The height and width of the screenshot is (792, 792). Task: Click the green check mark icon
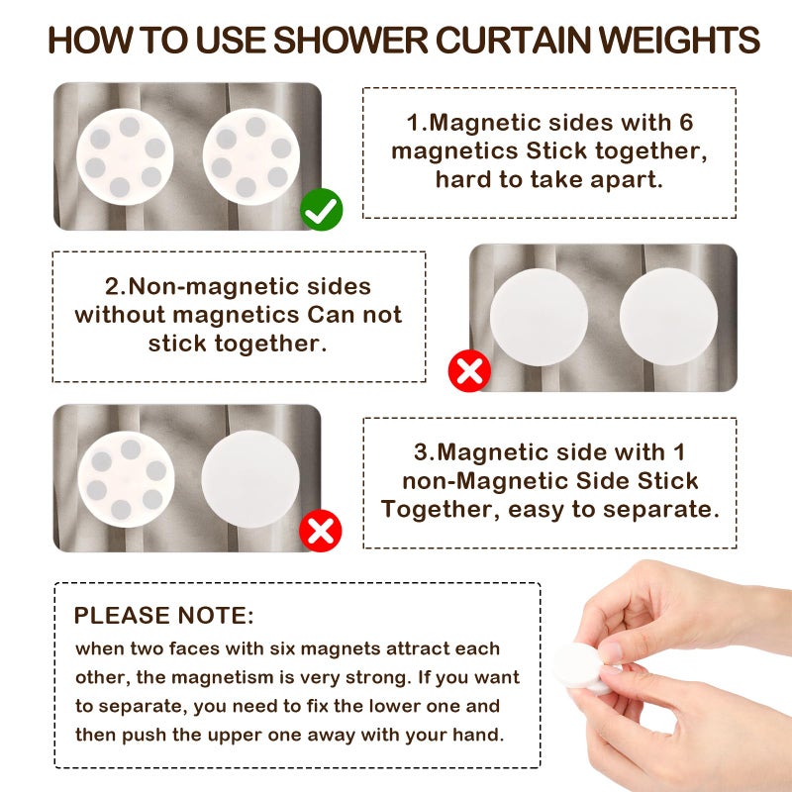tap(322, 210)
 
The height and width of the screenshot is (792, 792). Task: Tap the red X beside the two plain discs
tap(469, 371)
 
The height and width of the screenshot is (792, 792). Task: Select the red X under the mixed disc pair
tap(321, 532)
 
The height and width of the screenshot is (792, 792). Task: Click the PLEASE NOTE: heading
tap(164, 615)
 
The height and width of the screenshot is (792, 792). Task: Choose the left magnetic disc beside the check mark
tap(125, 156)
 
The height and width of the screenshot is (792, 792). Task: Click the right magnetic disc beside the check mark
tap(251, 156)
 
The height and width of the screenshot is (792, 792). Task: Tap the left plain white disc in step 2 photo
tap(539, 318)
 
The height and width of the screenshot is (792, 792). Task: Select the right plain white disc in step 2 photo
tap(668, 318)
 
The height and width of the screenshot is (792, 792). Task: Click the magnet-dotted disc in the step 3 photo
tap(125, 478)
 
